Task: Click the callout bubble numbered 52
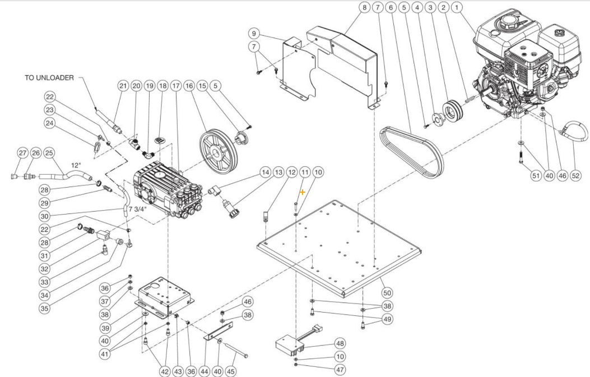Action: point(575,175)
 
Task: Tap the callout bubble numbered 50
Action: point(387,292)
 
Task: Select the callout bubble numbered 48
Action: point(340,343)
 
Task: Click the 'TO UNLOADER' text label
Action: point(49,78)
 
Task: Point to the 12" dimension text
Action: point(76,166)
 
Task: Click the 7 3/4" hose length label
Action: point(138,209)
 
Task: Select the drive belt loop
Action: point(411,148)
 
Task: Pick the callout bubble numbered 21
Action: point(123,86)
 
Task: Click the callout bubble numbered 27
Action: point(22,153)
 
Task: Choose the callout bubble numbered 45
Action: point(231,370)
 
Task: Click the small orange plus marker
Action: point(303,192)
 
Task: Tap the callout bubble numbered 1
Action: point(458,7)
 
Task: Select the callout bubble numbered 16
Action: point(189,86)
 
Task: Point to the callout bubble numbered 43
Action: point(178,370)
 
